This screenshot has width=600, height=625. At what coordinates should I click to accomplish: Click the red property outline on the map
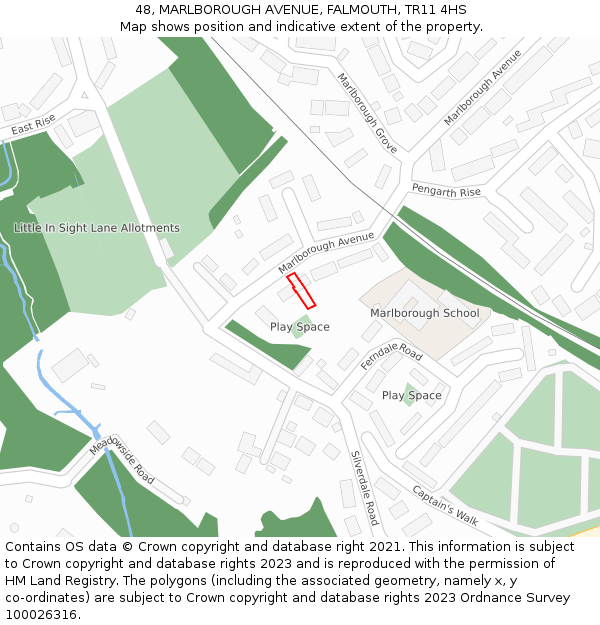[301, 290]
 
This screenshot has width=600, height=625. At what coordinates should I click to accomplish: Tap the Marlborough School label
[424, 313]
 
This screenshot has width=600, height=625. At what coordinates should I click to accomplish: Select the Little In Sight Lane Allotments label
[97, 228]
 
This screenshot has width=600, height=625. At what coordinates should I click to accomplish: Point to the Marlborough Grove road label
[367, 113]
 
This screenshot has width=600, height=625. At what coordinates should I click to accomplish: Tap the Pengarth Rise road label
[446, 191]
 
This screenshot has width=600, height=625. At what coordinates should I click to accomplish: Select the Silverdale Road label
[365, 487]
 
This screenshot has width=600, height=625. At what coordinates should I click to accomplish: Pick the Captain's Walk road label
[446, 507]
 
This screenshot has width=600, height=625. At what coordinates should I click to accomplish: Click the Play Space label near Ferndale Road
[411, 396]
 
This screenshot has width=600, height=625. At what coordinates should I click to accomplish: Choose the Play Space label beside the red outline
[299, 327]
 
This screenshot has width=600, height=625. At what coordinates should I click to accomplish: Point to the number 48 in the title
[143, 9]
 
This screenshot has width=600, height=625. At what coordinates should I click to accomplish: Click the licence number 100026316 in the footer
[41, 615]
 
